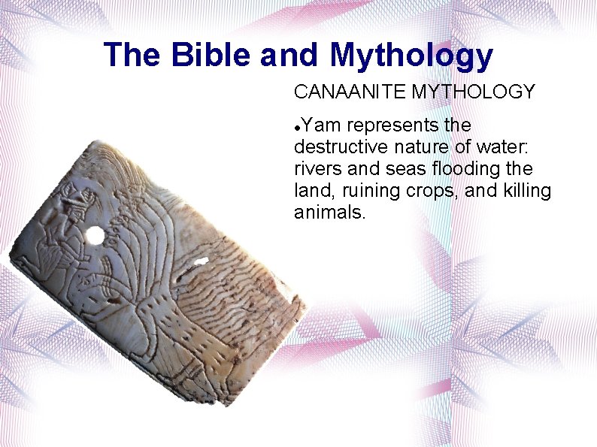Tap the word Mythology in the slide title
coord(411,56)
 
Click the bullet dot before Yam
coord(298,125)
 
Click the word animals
coord(329,213)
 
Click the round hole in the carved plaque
coord(95,236)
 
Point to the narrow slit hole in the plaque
coord(199,261)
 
